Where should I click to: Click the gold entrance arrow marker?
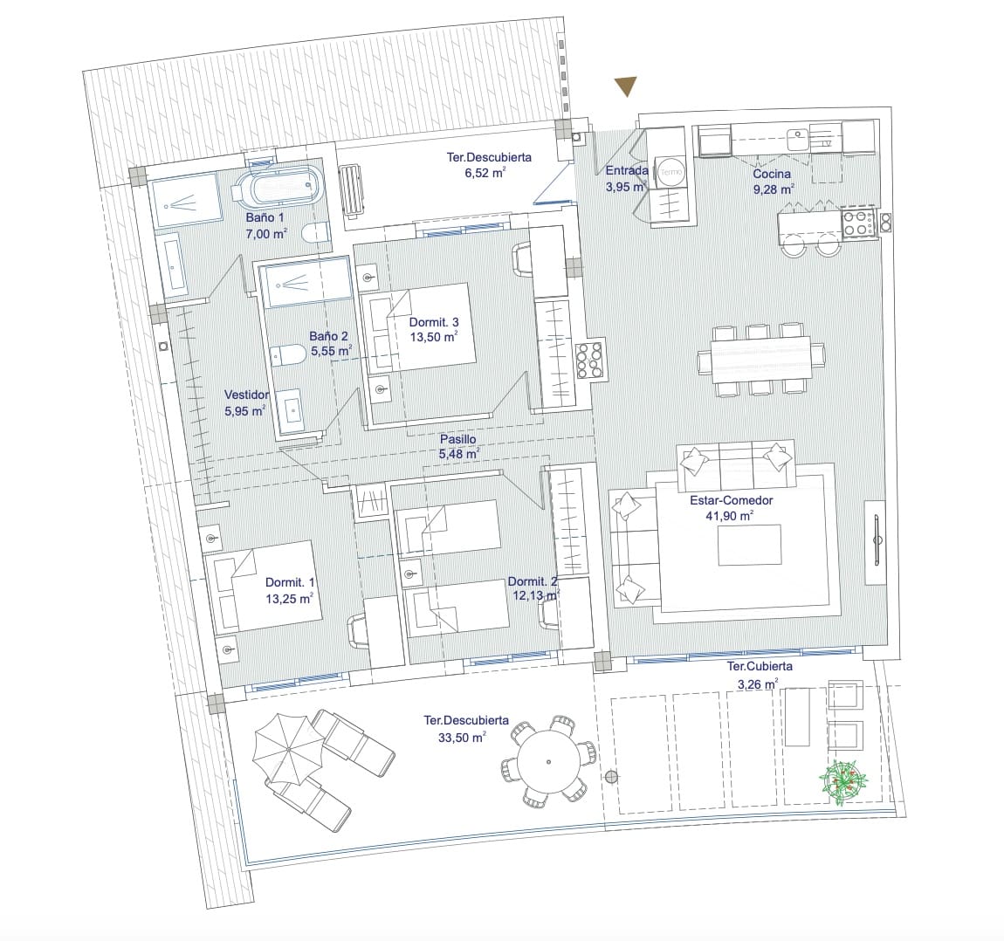click(x=624, y=86)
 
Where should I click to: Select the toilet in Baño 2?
click(x=287, y=354)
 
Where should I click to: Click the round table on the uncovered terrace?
click(x=547, y=759)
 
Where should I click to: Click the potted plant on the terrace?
click(x=843, y=779)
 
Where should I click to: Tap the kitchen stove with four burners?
click(x=858, y=223)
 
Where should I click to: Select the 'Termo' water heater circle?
click(x=671, y=173)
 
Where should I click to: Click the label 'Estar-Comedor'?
click(x=731, y=500)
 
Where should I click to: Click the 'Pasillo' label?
click(x=457, y=439)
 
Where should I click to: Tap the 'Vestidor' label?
click(x=246, y=395)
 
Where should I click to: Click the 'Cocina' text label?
click(x=772, y=175)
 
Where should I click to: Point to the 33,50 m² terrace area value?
click(x=461, y=737)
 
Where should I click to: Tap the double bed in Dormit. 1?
click(x=262, y=586)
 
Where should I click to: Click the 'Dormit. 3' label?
click(x=434, y=322)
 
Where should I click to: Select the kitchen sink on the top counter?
click(x=797, y=137)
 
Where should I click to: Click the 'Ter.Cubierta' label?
click(x=760, y=666)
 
